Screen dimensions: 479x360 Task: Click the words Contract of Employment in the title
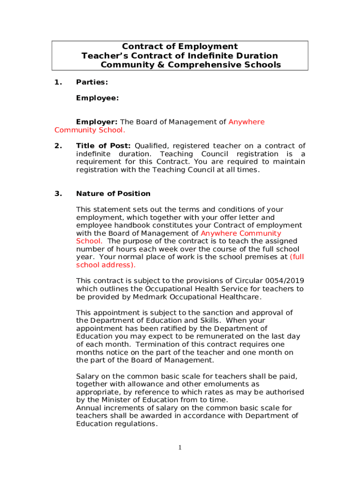click(x=180, y=46)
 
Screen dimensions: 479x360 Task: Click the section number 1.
click(x=58, y=82)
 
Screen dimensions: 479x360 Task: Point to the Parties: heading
click(x=92, y=82)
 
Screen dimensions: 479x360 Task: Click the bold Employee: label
click(x=97, y=98)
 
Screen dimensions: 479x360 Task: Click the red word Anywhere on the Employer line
click(x=246, y=122)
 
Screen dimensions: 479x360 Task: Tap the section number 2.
click(x=58, y=146)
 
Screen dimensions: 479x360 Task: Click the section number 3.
click(x=58, y=194)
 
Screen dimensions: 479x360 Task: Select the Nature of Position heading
click(x=113, y=194)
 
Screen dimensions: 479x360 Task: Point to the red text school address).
click(x=105, y=265)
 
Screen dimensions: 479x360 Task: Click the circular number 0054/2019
click(x=285, y=281)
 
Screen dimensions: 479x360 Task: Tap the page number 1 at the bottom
click(x=180, y=448)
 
